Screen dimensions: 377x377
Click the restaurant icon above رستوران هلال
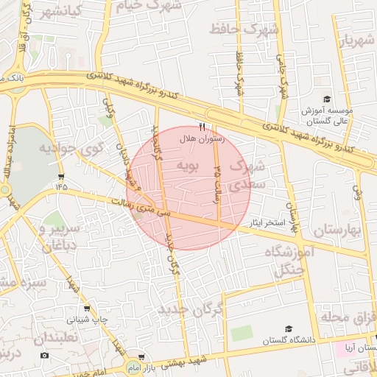pos(202,127)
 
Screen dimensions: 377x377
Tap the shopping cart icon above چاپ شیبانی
pos(88,309)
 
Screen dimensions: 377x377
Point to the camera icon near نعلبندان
pos(44,356)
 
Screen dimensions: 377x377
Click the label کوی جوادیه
pos(64,150)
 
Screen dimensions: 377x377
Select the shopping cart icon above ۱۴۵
pos(60,177)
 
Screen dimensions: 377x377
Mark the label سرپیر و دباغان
pos(52,238)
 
